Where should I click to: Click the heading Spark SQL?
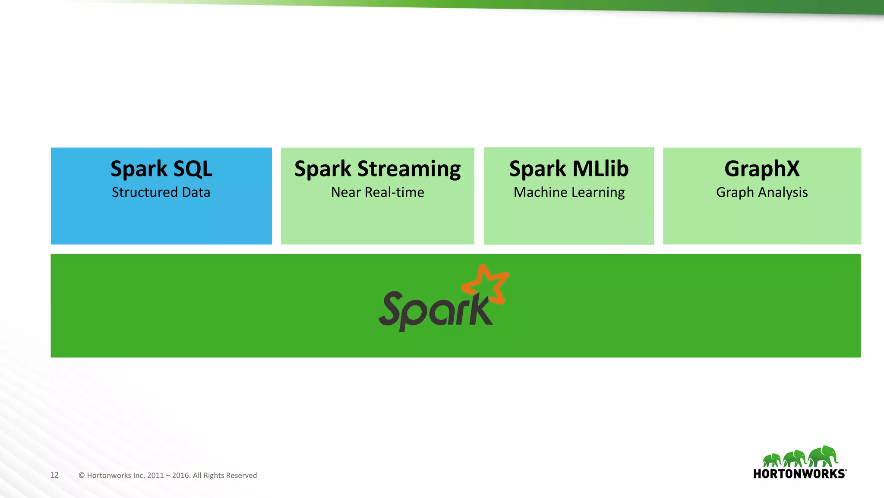[161, 169]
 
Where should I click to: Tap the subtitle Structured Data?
[161, 192]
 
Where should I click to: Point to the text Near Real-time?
[377, 192]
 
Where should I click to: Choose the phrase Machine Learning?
[569, 193]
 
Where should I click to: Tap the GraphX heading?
[762, 169]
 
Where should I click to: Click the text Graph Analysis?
[762, 193]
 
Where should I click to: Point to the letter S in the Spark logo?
[393, 308]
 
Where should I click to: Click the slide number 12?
[54, 475]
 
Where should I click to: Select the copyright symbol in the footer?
[82, 476]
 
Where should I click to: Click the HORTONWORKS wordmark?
[799, 474]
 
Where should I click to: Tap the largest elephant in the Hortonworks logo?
[823, 456]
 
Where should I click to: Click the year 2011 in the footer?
[155, 476]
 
